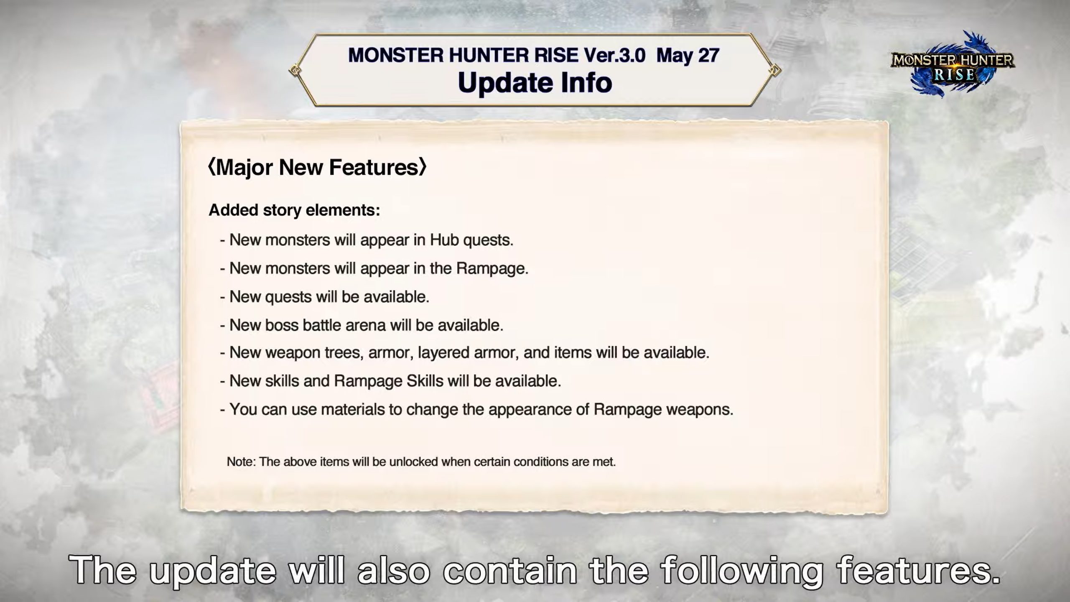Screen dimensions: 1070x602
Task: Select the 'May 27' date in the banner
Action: (688, 56)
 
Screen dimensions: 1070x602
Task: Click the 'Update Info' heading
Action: (535, 83)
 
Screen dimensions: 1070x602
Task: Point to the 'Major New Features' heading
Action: (317, 167)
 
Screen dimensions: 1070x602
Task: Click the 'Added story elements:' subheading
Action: (294, 210)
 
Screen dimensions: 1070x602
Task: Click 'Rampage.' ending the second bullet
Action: (492, 269)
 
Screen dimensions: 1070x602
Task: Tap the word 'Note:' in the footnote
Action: (241, 462)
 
